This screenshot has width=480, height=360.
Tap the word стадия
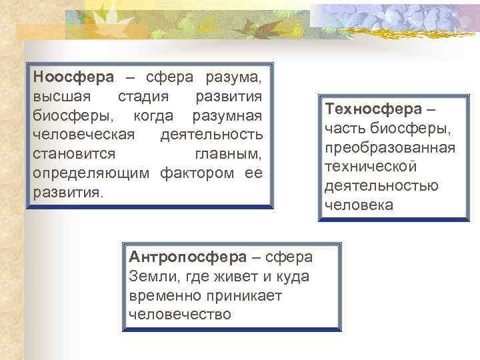tap(143, 97)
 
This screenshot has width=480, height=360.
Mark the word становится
tap(74, 155)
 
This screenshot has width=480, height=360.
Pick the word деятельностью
tap(381, 185)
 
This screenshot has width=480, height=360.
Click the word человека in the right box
tap(359, 205)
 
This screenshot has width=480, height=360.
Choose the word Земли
tap(149, 276)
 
